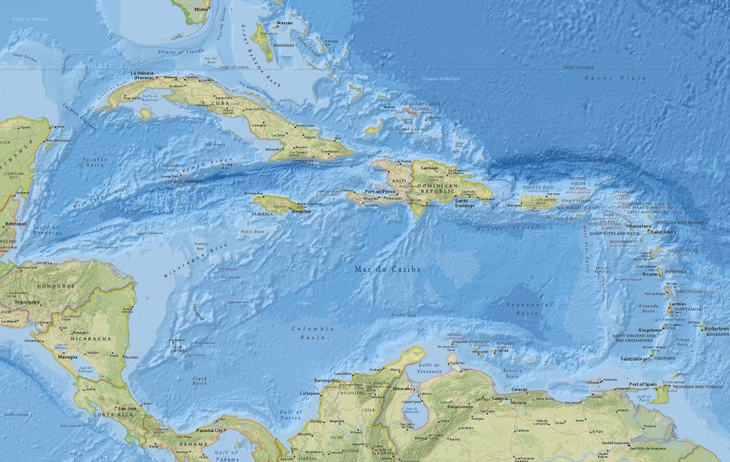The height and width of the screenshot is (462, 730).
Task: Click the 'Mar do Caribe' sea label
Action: point(388,269)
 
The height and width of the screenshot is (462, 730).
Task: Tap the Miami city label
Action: point(202,10)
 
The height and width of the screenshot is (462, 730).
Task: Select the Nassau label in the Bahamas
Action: point(284,23)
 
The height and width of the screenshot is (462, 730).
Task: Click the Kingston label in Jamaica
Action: point(301,211)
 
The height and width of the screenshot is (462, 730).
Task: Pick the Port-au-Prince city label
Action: point(379,191)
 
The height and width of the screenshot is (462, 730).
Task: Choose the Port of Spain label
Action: point(643,385)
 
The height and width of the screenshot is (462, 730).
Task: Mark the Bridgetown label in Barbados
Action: point(716,329)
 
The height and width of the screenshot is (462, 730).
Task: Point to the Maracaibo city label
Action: point(403,389)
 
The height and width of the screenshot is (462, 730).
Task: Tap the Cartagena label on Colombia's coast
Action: point(310,393)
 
